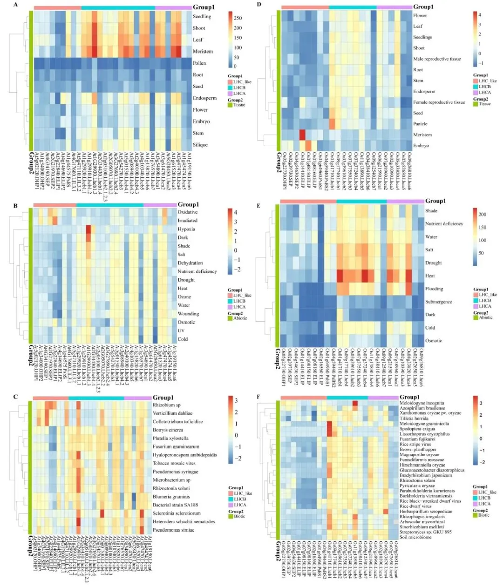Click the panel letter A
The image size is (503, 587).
coord(16,5)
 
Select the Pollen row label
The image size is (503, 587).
coord(199,63)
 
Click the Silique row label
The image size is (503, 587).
coord(200,145)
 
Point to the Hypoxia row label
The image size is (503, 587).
coord(186,229)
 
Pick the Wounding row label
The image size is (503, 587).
coord(188,314)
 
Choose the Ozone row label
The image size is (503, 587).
coord(184,297)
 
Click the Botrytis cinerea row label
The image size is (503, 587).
coord(168,430)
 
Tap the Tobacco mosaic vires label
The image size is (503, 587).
coord(174,464)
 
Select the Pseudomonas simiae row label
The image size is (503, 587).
coord(173,530)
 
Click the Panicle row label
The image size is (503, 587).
coord(420,124)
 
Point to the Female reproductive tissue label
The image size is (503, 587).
coord(439,102)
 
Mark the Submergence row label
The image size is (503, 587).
coord(438,302)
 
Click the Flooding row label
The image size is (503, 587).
coord(434,289)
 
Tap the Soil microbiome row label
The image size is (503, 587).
coord(415,537)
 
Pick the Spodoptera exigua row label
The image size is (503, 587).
coord(417,429)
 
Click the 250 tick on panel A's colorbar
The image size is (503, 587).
coord(238,18)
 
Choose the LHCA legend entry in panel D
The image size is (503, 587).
coord(484,93)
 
